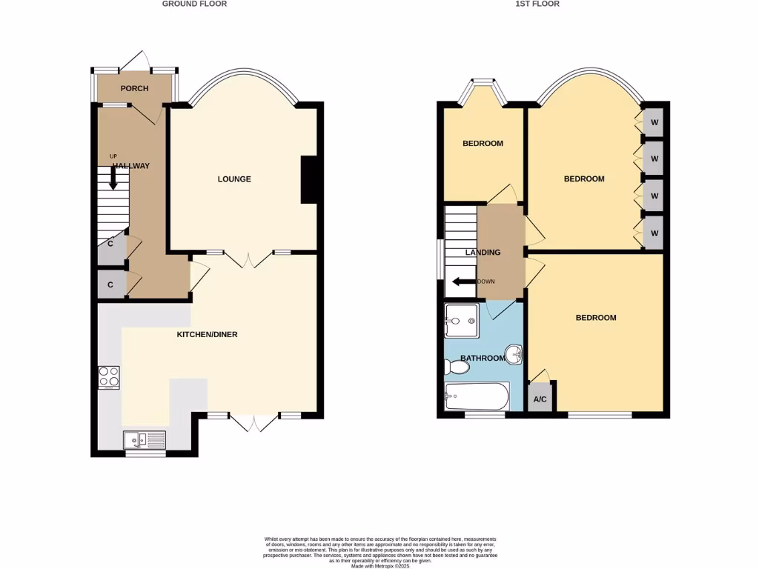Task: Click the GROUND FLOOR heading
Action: coord(195,4)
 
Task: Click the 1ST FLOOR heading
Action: coord(537,4)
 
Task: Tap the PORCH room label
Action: coord(134,89)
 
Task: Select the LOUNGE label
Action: coord(234,179)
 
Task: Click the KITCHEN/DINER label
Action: coord(207,335)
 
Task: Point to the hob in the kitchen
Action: coord(109,378)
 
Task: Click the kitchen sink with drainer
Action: coord(145,440)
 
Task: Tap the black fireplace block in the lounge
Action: coord(311,179)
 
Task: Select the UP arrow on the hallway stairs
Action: coord(113,177)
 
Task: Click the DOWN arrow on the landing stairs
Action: coord(463,282)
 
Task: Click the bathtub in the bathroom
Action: coord(477,396)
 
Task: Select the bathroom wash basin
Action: coord(514,355)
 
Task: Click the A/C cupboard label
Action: coord(540,400)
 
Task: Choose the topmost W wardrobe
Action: coord(654,122)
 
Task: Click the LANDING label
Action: coord(483,253)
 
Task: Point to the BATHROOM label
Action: coord(483,359)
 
